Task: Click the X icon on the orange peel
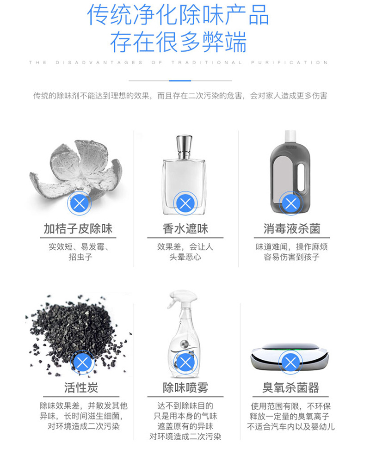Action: click(80, 203)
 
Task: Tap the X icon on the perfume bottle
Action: click(185, 203)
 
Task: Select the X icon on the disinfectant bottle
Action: click(291, 203)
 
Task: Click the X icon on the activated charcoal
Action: click(83, 362)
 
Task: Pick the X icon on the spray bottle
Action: click(185, 362)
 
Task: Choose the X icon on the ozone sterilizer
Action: click(290, 362)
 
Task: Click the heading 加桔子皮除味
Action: click(78, 228)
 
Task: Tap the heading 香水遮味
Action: click(185, 228)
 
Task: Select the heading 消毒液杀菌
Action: click(292, 228)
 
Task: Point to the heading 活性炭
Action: click(81, 387)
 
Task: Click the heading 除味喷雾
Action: click(185, 387)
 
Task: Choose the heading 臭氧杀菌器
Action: click(290, 387)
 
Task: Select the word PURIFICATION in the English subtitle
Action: click(290, 62)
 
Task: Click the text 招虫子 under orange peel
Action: click(80, 257)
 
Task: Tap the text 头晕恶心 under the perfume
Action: click(185, 257)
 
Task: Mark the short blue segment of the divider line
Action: click(180, 80)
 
